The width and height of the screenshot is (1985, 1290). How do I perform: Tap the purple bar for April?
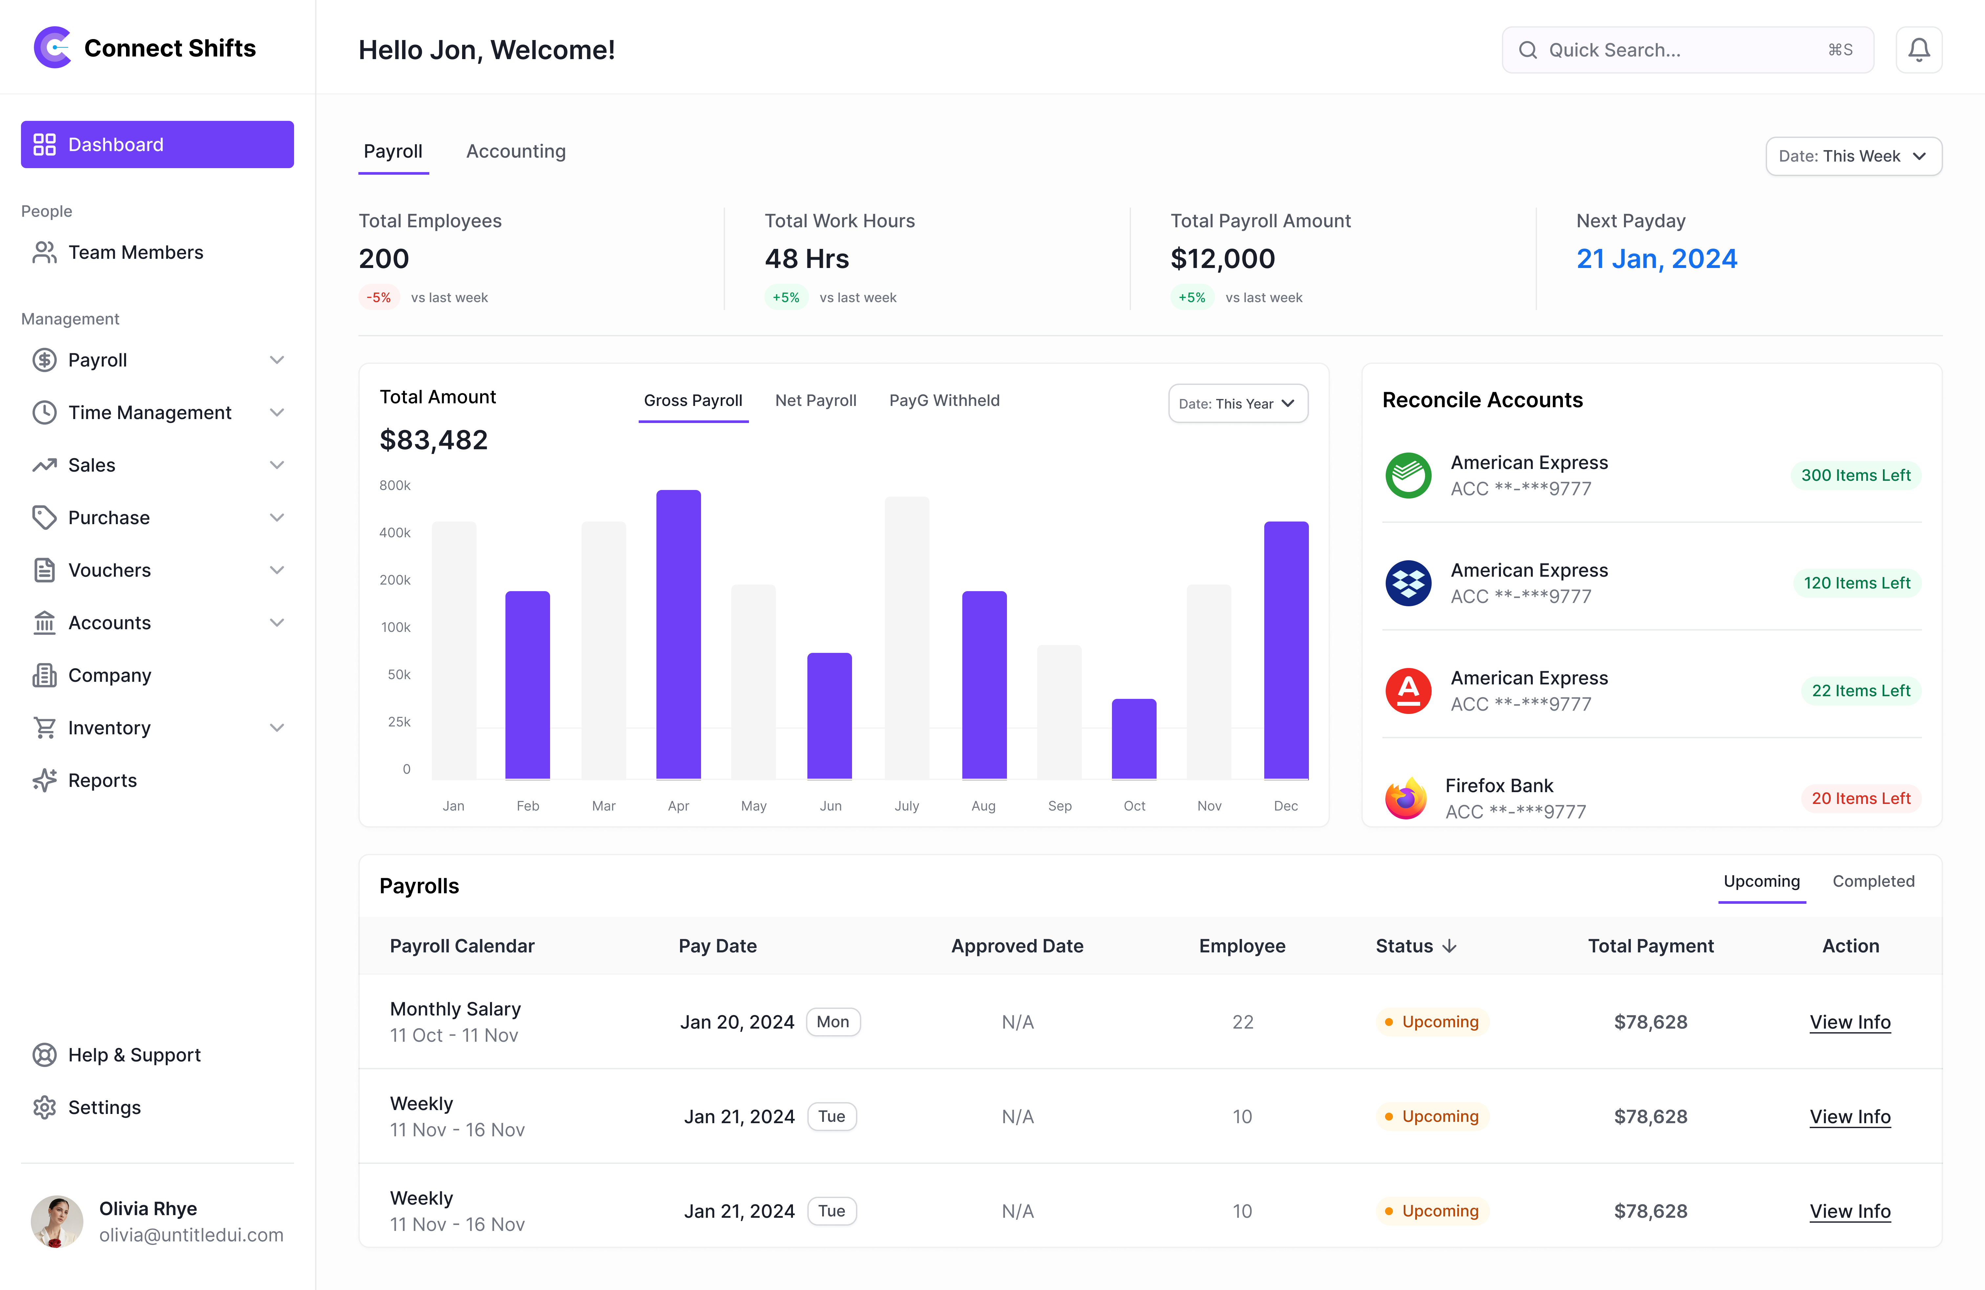[x=678, y=634]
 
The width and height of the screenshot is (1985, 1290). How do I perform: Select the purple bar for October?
[x=1133, y=739]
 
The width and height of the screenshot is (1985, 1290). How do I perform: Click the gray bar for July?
[x=907, y=638]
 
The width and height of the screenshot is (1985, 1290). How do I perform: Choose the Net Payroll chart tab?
[x=815, y=401]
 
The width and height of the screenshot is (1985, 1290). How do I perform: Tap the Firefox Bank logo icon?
[x=1406, y=798]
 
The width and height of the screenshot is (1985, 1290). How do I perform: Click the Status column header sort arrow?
[x=1450, y=946]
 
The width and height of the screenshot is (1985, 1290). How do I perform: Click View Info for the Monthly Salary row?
[x=1849, y=1022]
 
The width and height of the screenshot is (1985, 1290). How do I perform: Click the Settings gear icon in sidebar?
[x=44, y=1107]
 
